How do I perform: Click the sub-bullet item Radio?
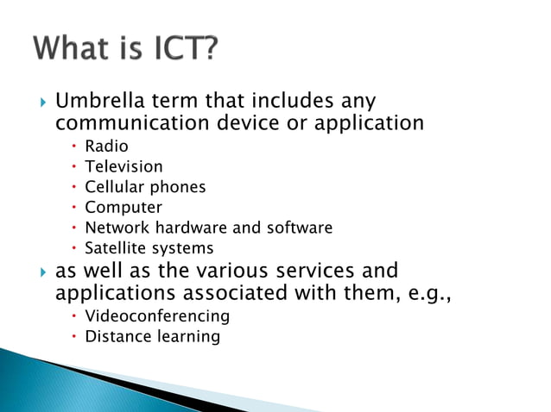click(106, 147)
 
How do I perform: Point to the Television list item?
click(123, 166)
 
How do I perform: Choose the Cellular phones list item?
click(145, 187)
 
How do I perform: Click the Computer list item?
click(123, 208)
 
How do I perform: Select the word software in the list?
click(297, 228)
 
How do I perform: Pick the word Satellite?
click(116, 249)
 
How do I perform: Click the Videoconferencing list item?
click(157, 316)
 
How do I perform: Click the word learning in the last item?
click(188, 337)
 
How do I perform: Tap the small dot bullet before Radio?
click(75, 147)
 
